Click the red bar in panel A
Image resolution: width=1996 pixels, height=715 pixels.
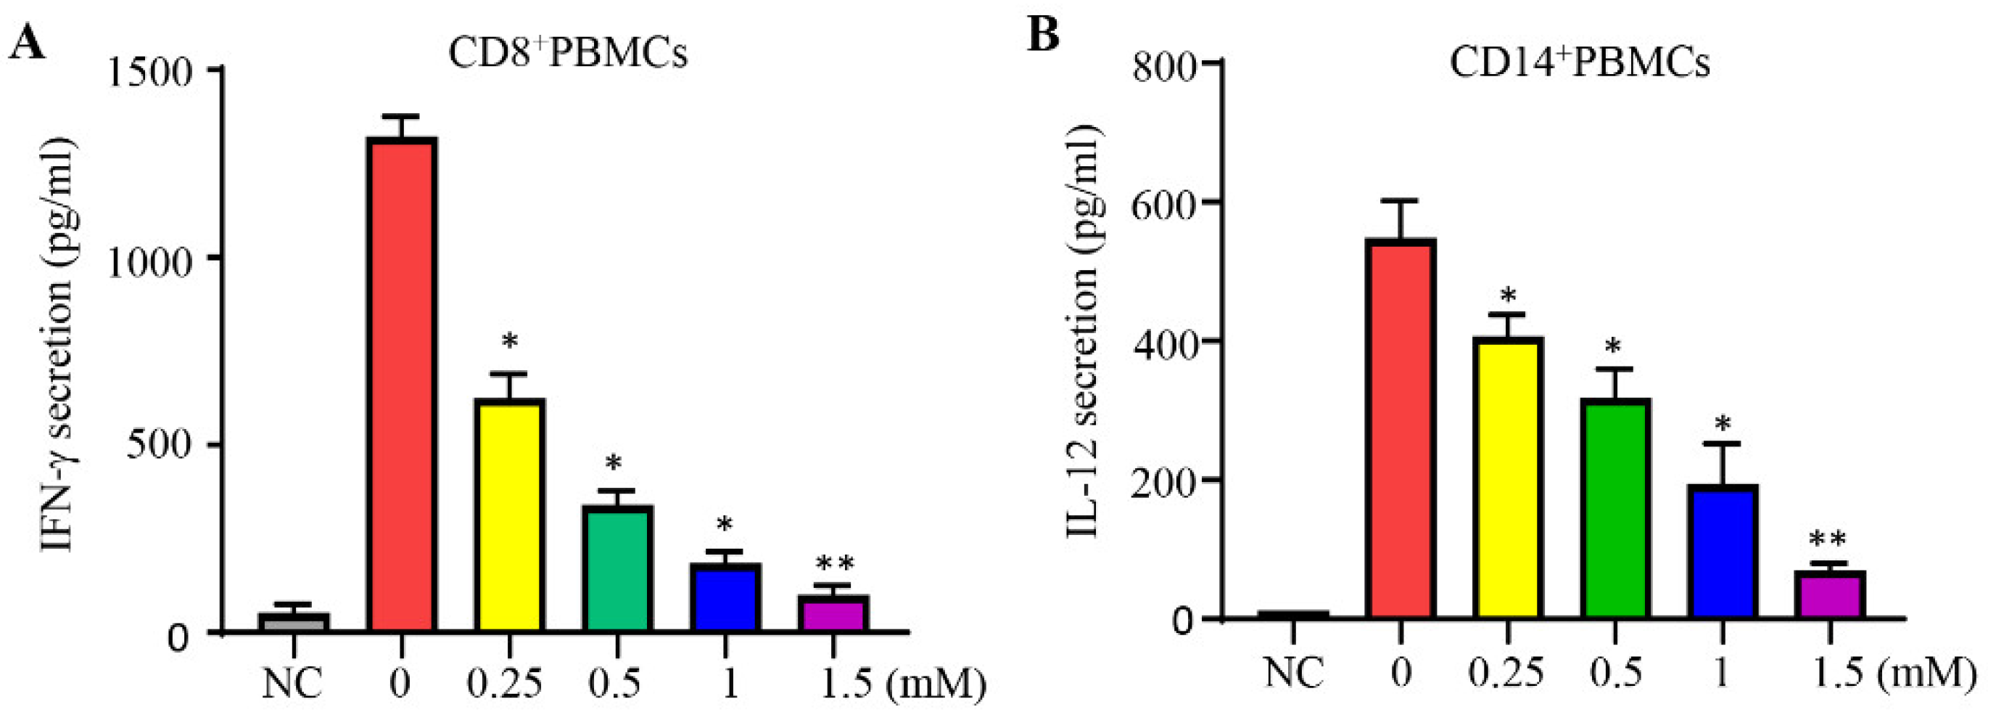[401, 385]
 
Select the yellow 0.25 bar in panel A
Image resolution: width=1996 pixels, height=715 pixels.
[510, 515]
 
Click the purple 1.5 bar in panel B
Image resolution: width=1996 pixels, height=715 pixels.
[1829, 595]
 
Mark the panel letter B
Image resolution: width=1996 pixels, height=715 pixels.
[1043, 35]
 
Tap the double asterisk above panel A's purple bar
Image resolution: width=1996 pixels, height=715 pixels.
[834, 565]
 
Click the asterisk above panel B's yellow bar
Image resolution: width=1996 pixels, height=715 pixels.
[1508, 298]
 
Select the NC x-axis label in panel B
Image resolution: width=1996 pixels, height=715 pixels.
[1293, 672]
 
